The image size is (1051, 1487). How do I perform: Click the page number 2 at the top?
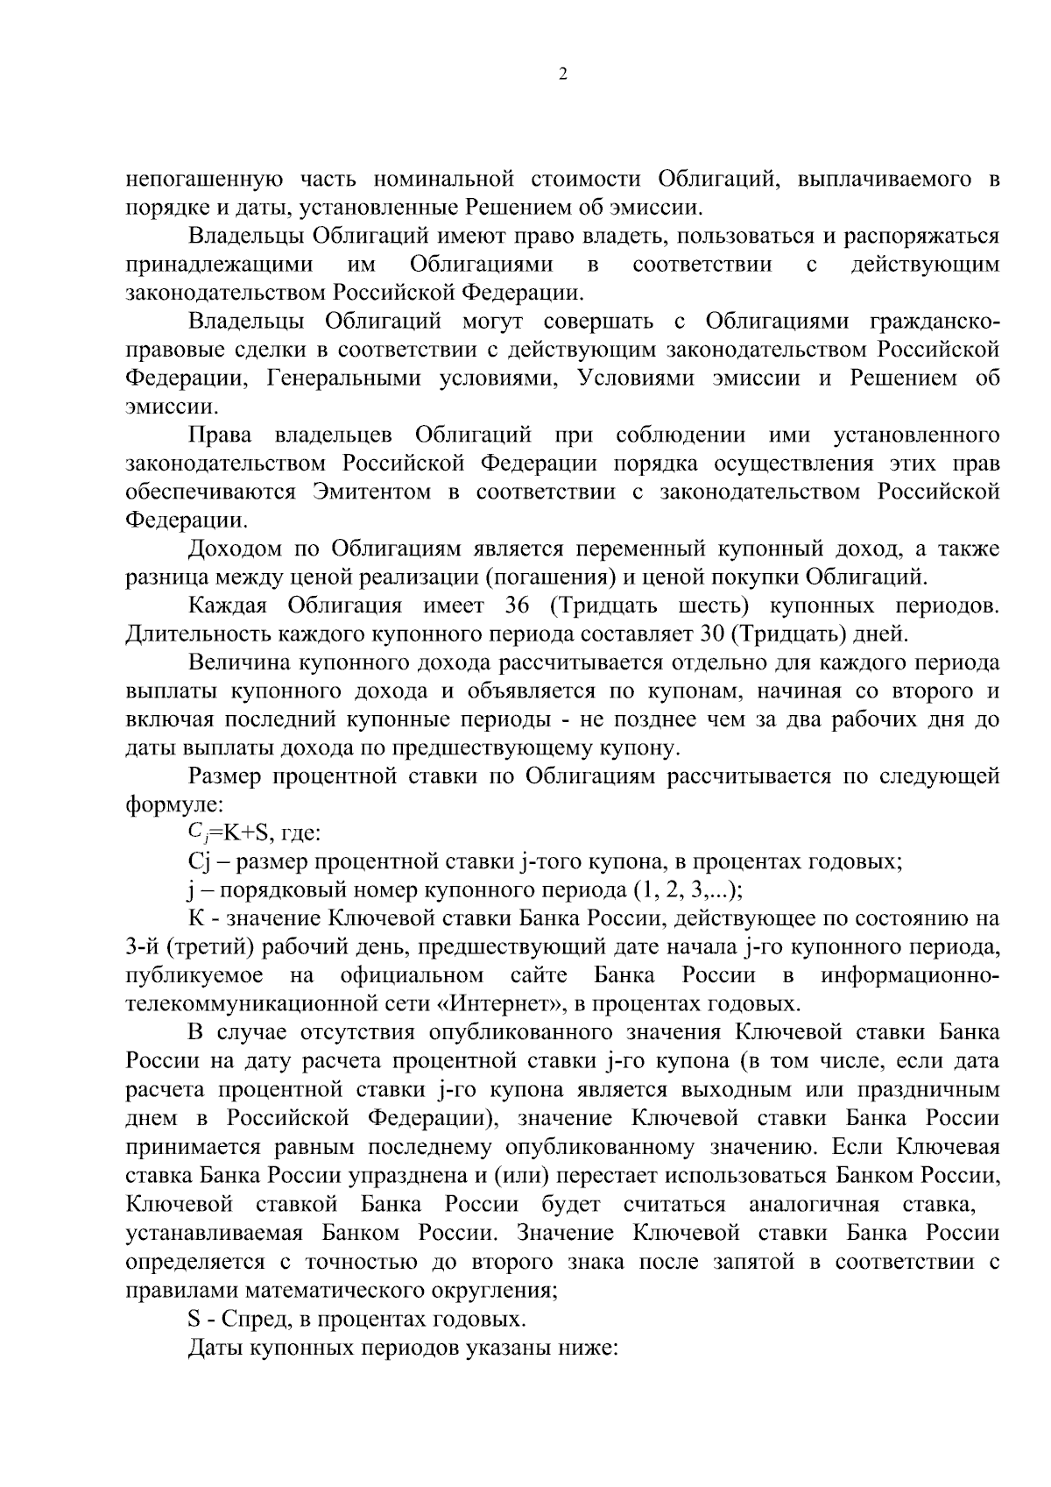(562, 75)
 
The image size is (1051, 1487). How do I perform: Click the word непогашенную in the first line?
(203, 181)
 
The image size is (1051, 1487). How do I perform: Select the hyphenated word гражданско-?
(935, 322)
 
